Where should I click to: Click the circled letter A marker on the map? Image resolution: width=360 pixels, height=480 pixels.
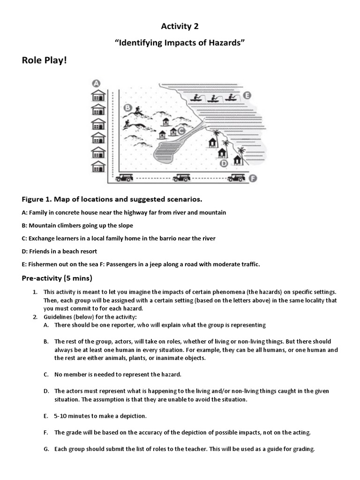[x=97, y=83]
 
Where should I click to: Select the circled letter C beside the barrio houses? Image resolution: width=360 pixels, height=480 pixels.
[x=181, y=132]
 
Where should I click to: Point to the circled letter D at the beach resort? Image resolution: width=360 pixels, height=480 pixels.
[x=224, y=163]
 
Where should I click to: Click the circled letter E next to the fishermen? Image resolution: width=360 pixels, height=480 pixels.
[x=247, y=95]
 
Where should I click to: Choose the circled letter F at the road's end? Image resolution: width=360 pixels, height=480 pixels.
[x=254, y=178]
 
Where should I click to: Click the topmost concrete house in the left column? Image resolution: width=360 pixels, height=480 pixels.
[x=98, y=96]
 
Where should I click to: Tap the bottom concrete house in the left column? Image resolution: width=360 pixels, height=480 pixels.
[x=98, y=166]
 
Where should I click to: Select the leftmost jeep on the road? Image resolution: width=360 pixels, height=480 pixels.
[x=125, y=178]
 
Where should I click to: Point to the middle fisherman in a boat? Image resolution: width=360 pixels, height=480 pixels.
[x=213, y=98]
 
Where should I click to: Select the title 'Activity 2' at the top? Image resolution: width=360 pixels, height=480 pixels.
[x=180, y=27]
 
